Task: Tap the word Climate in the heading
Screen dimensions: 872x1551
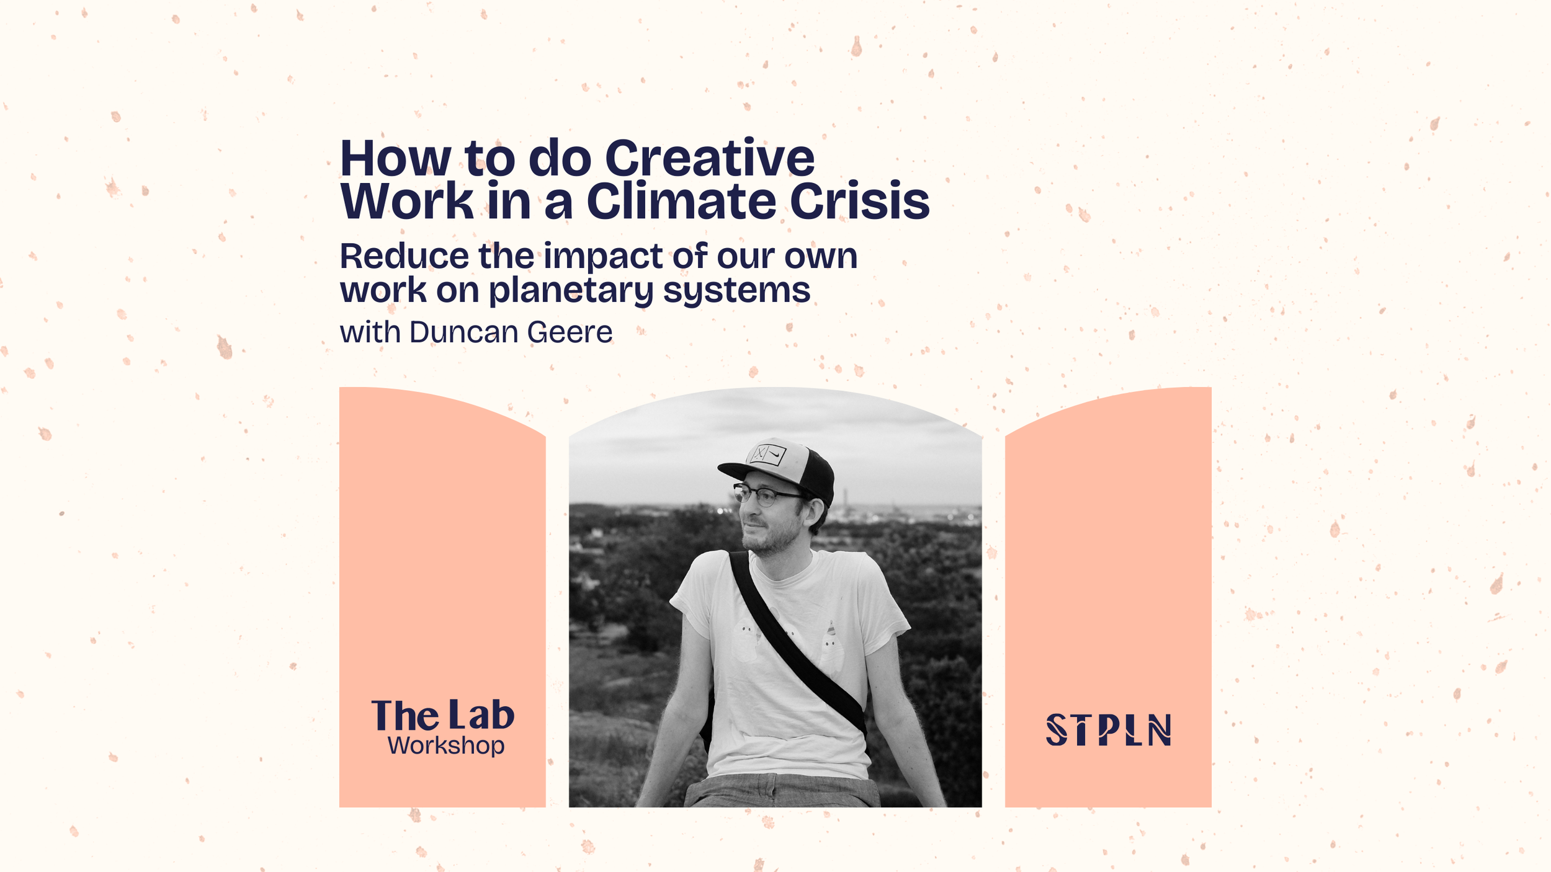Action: [x=681, y=202]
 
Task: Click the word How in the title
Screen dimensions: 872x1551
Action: [x=395, y=159]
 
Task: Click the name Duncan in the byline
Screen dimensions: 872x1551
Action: [x=463, y=332]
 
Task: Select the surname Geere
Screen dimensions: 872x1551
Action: [x=570, y=332]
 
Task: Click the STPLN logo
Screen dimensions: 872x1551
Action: [x=1108, y=729]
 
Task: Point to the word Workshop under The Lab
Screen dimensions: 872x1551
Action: [x=445, y=745]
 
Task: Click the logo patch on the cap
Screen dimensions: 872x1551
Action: [x=768, y=455]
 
